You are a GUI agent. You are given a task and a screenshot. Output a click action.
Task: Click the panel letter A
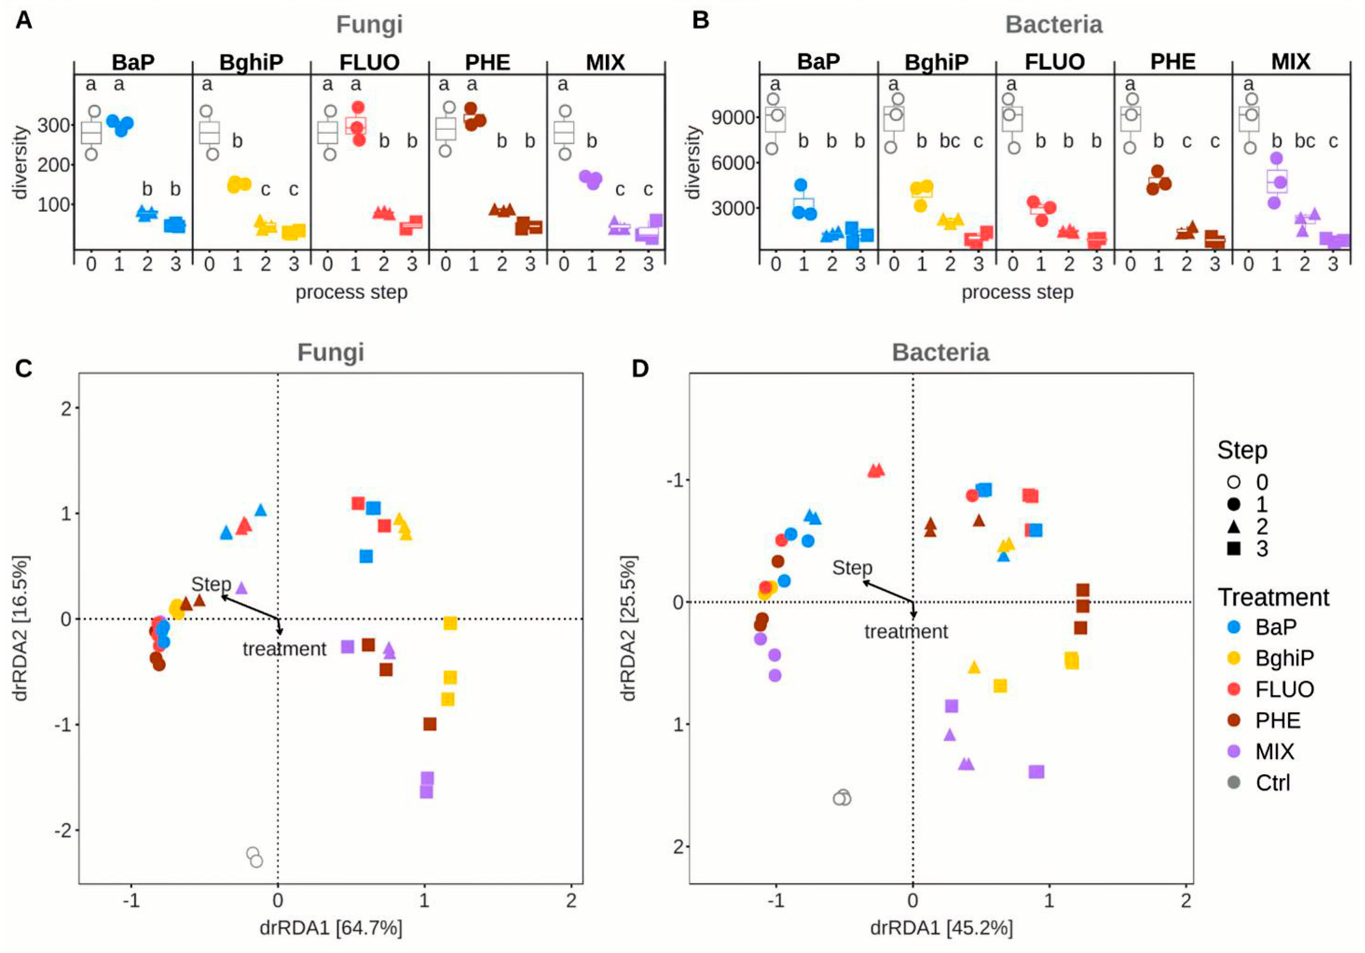pyautogui.click(x=24, y=21)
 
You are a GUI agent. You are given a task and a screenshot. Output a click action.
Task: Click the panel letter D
pyautogui.click(x=641, y=369)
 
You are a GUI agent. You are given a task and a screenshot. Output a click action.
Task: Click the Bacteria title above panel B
pyautogui.click(x=1054, y=25)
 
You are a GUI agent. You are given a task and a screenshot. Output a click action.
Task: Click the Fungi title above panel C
pyautogui.click(x=331, y=352)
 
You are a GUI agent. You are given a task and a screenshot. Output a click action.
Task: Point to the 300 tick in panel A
pyautogui.click(x=54, y=125)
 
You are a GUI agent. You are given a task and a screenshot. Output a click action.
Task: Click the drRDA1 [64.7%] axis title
pyautogui.click(x=331, y=928)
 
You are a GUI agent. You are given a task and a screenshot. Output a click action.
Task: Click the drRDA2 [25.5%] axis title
pyautogui.click(x=628, y=628)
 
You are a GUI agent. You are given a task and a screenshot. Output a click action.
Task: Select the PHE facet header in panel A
pyautogui.click(x=488, y=62)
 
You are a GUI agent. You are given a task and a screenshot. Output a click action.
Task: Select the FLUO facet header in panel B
pyautogui.click(x=1054, y=62)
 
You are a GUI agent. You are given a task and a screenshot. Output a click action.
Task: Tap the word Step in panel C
pyautogui.click(x=211, y=584)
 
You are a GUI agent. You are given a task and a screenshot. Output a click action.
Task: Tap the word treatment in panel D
pyautogui.click(x=906, y=631)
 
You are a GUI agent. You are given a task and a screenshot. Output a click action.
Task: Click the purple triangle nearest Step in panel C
pyautogui.click(x=241, y=588)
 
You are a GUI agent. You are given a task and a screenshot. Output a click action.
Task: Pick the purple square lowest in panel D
pyautogui.click(x=1036, y=772)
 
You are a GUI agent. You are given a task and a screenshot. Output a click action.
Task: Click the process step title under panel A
pyautogui.click(x=352, y=292)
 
